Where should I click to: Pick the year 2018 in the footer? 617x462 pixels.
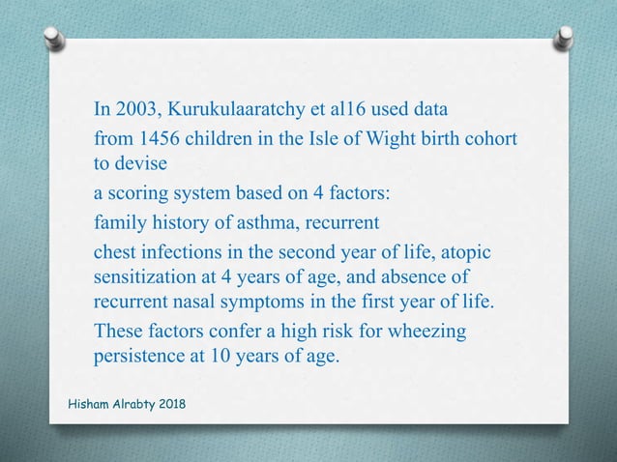tap(168, 402)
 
